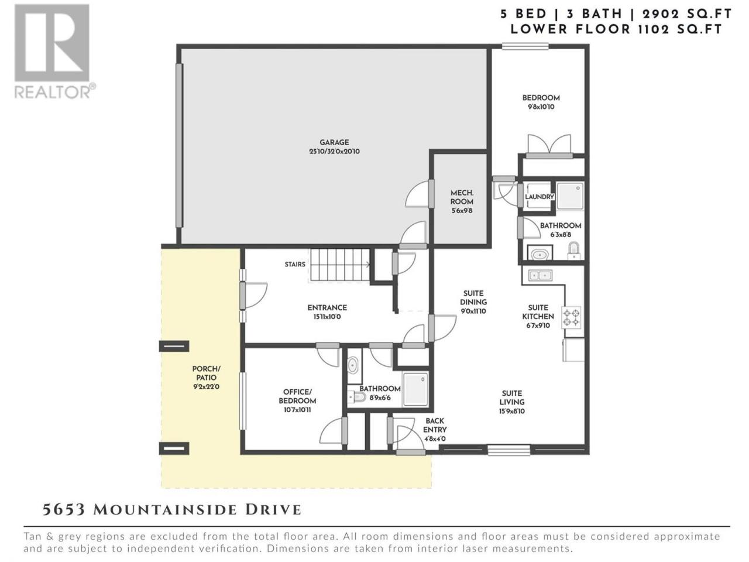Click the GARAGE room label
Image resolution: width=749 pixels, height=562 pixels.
pyautogui.click(x=334, y=142)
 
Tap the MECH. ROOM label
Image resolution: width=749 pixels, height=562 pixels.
pyautogui.click(x=462, y=197)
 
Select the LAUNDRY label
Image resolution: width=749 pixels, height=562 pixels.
pyautogui.click(x=539, y=197)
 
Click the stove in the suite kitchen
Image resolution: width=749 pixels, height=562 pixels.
pyautogui.click(x=571, y=317)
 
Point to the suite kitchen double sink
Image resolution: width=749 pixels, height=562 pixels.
pyautogui.click(x=540, y=275)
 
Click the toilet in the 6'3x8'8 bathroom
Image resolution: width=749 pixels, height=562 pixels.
pyautogui.click(x=574, y=251)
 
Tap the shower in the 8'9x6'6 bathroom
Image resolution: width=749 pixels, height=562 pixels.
pyautogui.click(x=415, y=389)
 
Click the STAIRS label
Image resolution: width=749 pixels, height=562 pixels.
pyautogui.click(x=295, y=264)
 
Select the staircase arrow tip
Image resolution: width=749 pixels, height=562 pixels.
pyautogui.click(x=369, y=264)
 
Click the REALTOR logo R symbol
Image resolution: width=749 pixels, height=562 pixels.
pyautogui.click(x=52, y=43)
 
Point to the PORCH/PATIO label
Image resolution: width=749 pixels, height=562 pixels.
pyautogui.click(x=206, y=373)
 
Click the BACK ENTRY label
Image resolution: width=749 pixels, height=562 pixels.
pyautogui.click(x=435, y=425)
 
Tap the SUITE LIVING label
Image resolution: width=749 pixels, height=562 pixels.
pyautogui.click(x=512, y=397)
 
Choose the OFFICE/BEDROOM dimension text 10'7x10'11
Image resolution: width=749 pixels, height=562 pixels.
pyautogui.click(x=297, y=409)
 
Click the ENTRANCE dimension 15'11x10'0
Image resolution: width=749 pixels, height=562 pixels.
pyautogui.click(x=327, y=316)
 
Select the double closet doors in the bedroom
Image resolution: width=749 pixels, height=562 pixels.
pyautogui.click(x=549, y=145)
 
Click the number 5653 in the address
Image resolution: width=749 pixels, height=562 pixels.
pyautogui.click(x=63, y=509)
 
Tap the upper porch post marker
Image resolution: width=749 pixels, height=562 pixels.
pyautogui.click(x=174, y=346)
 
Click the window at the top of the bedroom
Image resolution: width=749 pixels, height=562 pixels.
pyautogui.click(x=525, y=46)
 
